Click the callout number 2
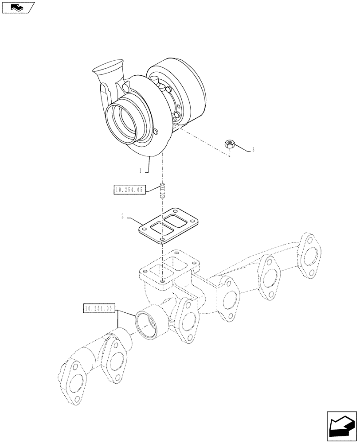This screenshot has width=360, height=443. (122, 217)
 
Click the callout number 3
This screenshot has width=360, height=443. (253, 150)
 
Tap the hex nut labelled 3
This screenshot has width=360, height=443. (230, 143)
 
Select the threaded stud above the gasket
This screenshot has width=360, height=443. (162, 192)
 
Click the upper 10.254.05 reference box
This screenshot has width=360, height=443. (129, 190)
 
